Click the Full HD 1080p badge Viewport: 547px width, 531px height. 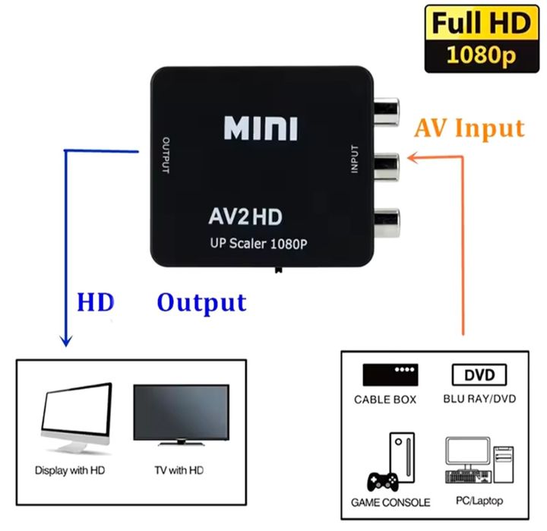click(481, 38)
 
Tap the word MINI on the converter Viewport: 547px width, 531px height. click(261, 128)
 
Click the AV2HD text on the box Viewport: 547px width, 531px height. click(245, 217)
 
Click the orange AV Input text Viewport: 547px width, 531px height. click(469, 128)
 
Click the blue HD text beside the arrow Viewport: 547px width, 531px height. click(95, 302)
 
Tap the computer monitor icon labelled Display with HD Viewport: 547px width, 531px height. click(74, 422)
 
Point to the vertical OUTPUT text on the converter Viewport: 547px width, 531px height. click(165, 156)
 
